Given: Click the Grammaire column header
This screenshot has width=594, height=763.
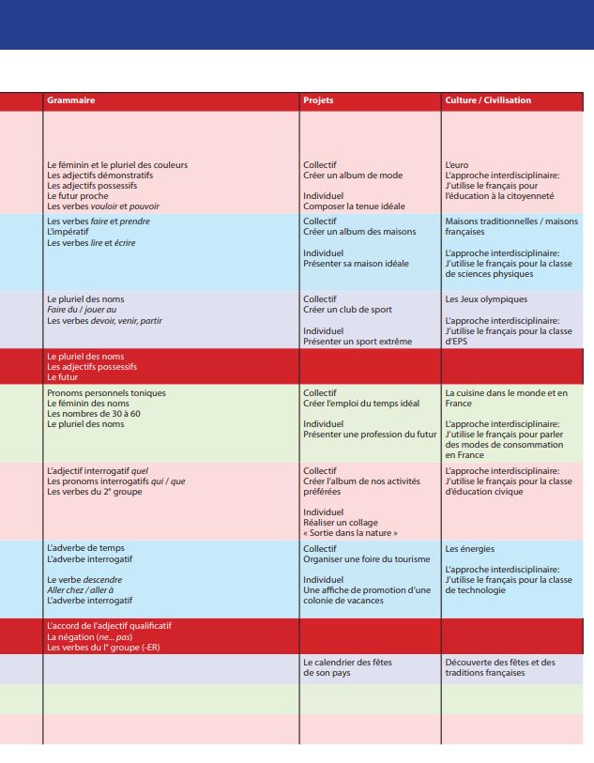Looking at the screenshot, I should pos(71,100).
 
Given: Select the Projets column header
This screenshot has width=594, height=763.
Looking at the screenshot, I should pos(318,100).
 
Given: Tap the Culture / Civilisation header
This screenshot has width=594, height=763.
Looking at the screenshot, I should pos(488,100).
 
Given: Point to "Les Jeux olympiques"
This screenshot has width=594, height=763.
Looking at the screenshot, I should pos(486,299).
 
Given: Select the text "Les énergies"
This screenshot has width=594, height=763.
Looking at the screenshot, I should pos(469,549).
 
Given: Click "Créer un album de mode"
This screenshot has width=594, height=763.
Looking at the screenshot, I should pos(347,175).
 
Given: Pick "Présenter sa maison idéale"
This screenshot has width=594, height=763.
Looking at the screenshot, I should pos(356,264).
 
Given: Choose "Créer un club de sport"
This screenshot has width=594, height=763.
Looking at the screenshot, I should pos(347,310).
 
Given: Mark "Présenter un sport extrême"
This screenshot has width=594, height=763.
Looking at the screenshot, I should pos(357,342).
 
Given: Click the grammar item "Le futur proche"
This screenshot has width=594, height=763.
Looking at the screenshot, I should pos(78,196).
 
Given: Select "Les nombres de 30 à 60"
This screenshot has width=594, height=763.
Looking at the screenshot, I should pos(93,414).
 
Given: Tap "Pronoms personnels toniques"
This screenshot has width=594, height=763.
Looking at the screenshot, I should pos(106,392).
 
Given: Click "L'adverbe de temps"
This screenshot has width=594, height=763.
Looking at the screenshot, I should pos(85,548).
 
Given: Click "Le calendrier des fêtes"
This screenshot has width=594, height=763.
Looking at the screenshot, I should pos(347,663).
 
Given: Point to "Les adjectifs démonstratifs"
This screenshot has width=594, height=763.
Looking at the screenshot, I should pos(99,175).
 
